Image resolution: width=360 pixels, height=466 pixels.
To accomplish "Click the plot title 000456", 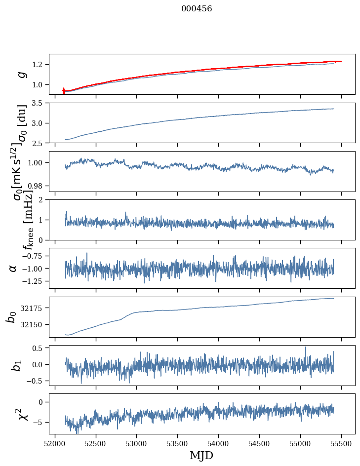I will coord(197,9).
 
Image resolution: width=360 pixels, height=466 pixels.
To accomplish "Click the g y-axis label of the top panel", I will coord(22,74).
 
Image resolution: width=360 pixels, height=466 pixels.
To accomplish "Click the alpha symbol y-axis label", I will coord(13,268).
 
